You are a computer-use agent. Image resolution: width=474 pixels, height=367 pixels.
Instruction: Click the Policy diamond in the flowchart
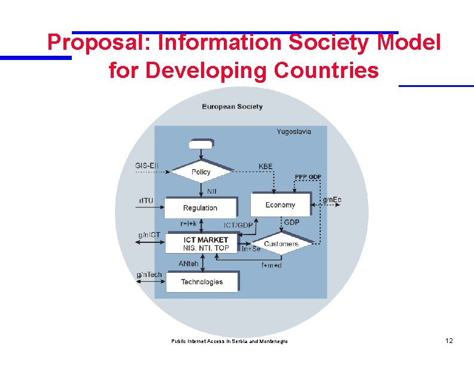(x=201, y=172)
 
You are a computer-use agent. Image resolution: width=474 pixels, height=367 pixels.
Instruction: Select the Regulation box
(x=200, y=207)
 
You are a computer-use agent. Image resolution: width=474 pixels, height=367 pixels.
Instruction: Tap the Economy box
(x=280, y=204)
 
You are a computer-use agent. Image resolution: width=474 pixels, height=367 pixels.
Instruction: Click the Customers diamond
(x=281, y=244)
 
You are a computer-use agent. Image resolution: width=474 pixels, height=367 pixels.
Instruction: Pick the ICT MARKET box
(x=205, y=243)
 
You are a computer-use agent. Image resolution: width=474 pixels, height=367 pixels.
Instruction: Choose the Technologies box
(x=202, y=282)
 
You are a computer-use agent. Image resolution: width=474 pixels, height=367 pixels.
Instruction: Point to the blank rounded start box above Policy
(x=200, y=144)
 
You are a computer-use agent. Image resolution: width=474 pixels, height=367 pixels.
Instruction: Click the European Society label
(x=232, y=107)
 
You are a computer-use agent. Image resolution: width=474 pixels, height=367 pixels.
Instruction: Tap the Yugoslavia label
(x=294, y=132)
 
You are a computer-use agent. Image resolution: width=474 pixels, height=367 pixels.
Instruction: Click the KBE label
(x=265, y=166)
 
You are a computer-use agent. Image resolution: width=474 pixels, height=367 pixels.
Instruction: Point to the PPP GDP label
(x=308, y=177)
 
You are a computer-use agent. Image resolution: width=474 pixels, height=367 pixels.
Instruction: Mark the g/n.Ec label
(x=332, y=200)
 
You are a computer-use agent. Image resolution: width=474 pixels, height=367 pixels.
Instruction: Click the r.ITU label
(x=145, y=200)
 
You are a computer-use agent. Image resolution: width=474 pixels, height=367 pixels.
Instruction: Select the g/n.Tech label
(x=149, y=275)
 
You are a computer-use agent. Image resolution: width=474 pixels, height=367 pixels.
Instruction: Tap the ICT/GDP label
(x=238, y=225)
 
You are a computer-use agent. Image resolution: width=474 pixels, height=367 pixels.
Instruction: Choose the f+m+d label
(x=271, y=265)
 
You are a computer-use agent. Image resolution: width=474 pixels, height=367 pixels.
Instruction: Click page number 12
(x=449, y=341)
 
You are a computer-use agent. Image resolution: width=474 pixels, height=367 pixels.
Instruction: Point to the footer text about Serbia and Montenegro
(x=229, y=341)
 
